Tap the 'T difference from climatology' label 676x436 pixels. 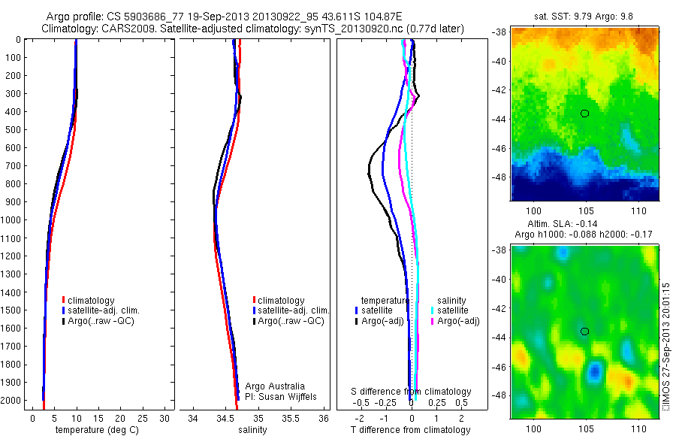[x=411, y=430]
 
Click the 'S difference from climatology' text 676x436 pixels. [x=412, y=392]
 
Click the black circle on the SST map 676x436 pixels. [x=584, y=113]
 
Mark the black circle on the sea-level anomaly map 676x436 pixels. [x=584, y=331]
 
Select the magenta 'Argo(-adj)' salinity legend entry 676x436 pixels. [x=458, y=321]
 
